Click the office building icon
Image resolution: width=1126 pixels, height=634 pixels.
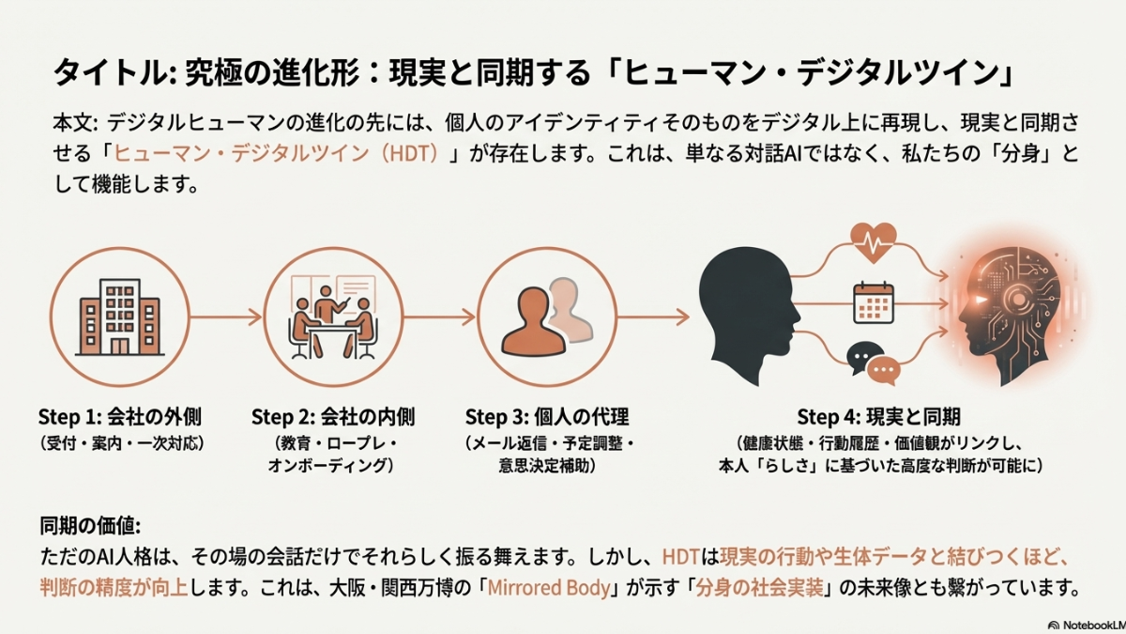click(x=119, y=317)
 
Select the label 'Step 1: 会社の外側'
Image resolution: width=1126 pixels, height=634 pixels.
click(x=120, y=416)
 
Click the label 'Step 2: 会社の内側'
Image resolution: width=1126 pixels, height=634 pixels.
click(x=333, y=416)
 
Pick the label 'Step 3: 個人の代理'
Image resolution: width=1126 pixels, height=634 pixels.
click(x=546, y=416)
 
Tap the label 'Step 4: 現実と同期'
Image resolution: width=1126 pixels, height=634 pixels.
click(x=878, y=416)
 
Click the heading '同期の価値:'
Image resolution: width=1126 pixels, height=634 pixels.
click(x=90, y=526)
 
